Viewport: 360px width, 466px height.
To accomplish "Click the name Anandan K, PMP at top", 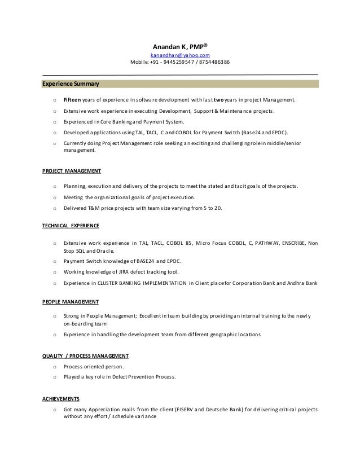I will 180,46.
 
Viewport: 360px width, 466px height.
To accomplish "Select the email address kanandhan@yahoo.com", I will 180,55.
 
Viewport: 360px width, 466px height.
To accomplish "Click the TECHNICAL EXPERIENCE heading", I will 71,226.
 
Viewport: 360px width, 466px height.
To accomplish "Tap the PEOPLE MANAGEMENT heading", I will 71,301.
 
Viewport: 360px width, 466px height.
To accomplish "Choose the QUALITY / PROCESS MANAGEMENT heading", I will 86,356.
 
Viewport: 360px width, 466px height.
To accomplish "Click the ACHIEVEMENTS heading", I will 61,398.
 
